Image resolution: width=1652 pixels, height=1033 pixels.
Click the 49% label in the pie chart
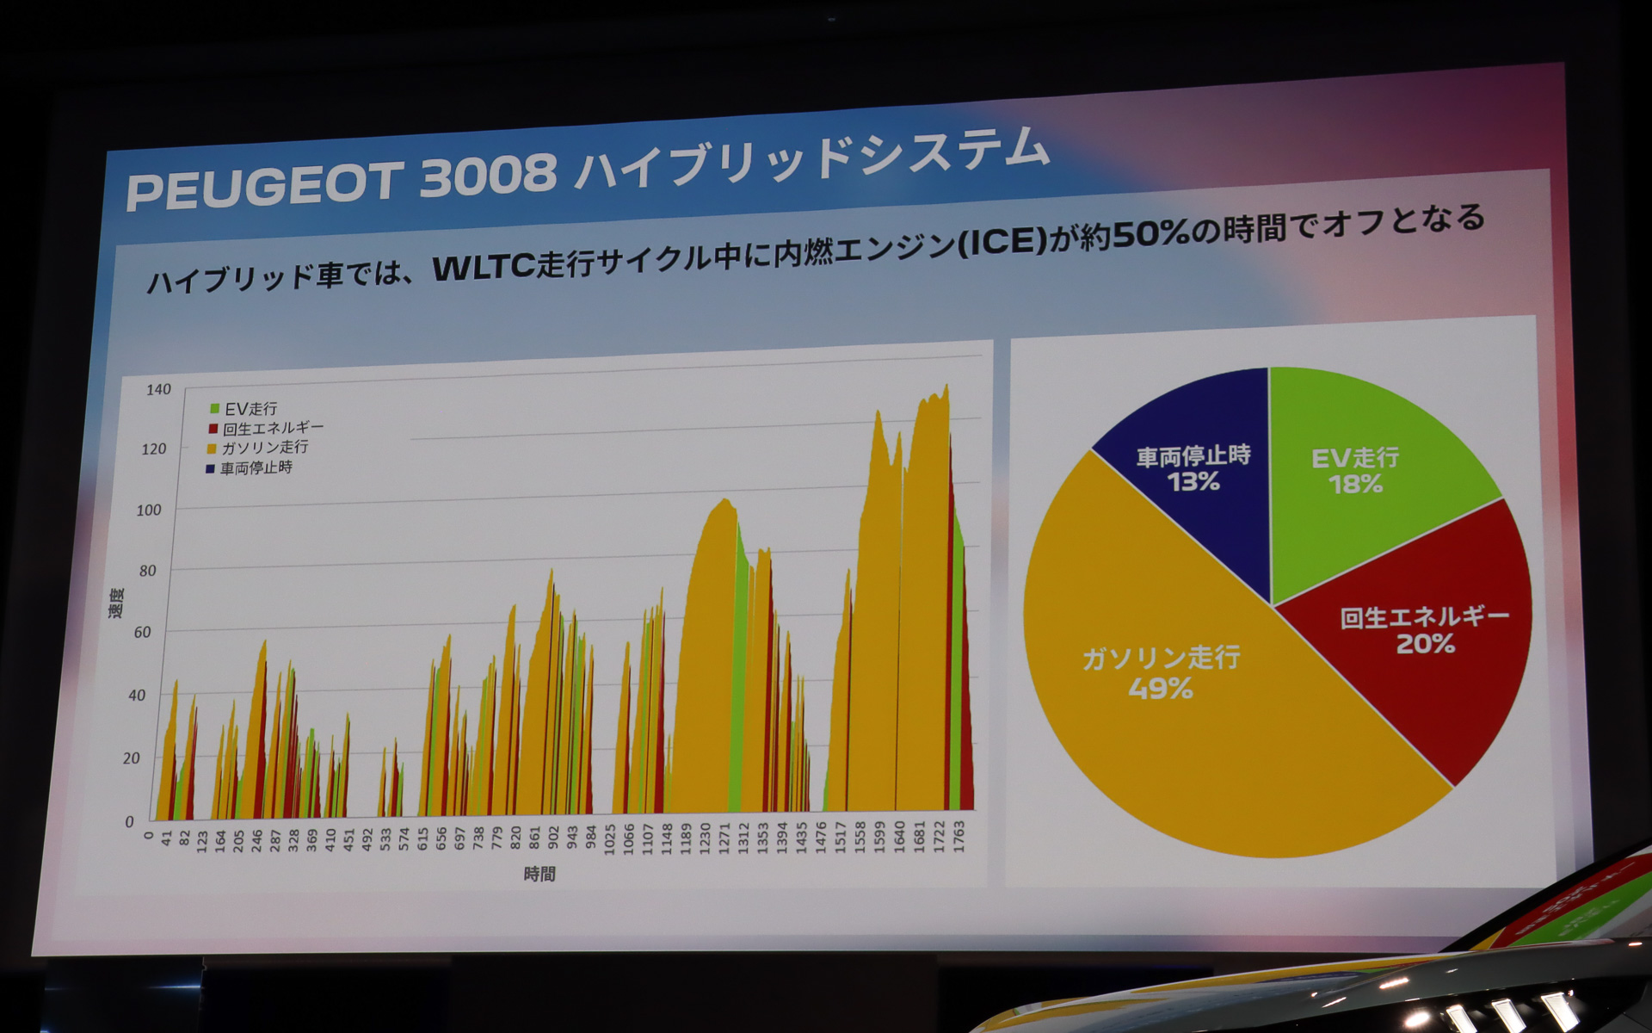tap(1161, 689)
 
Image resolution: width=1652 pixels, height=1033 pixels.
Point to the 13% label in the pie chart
tap(1193, 482)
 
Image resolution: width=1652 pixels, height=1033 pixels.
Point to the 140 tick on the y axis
tap(158, 390)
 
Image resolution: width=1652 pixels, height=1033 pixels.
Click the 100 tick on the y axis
tap(149, 510)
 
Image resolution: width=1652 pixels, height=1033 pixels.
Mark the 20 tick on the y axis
tap(131, 758)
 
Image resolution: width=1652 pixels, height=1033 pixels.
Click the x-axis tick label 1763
tap(959, 837)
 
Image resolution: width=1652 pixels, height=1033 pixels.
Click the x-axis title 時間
tap(539, 875)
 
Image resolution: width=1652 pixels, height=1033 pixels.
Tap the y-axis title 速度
tap(116, 603)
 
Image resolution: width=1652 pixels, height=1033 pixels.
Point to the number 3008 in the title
tap(488, 176)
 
